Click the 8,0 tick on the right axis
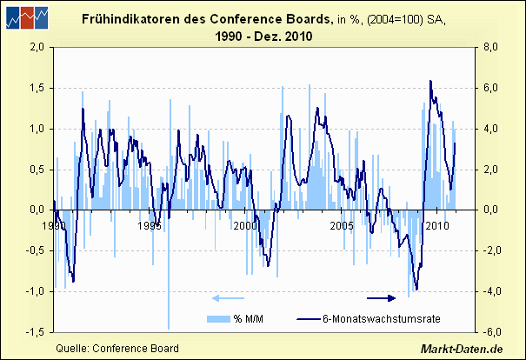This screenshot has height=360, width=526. (491, 48)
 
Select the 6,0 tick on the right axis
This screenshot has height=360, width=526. (491, 89)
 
